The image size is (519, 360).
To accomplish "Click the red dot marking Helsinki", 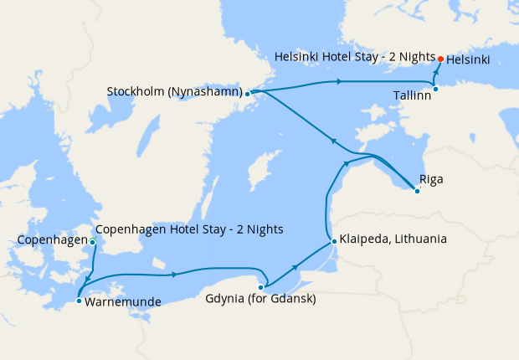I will pos(440,59).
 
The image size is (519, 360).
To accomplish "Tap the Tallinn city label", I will pos(412,95).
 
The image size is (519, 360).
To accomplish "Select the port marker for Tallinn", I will pos(435,89).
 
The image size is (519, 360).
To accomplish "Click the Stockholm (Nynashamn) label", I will pos(174,91).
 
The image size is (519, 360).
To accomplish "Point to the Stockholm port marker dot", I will pos(247,94).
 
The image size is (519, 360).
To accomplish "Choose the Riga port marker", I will pos(417,191).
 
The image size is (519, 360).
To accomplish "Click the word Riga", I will pos(432,179).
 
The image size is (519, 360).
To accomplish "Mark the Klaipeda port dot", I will pos(334,242).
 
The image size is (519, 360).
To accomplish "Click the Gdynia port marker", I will pos(260,287).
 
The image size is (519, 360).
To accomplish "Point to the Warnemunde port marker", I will pos(79,301).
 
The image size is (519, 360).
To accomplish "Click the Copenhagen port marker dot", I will pos(92,243).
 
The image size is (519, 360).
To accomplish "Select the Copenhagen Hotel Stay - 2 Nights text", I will pos(190,229).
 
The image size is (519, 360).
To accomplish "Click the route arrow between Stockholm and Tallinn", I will pos(338,81).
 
